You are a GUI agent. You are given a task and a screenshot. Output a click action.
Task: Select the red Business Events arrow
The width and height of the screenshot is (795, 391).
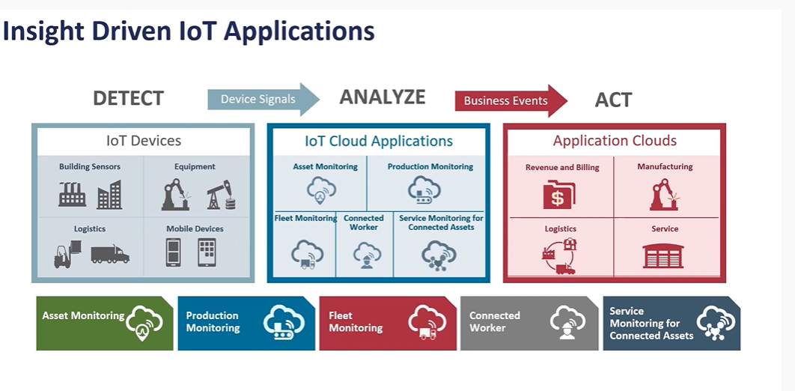tap(511, 100)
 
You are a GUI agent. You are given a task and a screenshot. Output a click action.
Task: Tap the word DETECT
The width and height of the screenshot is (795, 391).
tap(128, 98)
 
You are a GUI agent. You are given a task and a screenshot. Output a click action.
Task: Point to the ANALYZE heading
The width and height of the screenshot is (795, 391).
tap(383, 97)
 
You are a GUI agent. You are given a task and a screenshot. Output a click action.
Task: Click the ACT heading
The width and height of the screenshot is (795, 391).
tap(613, 100)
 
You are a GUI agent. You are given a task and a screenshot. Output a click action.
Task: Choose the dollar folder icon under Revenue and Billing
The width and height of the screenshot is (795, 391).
tap(559, 194)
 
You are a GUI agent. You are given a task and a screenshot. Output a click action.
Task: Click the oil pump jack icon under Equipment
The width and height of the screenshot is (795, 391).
tap(222, 195)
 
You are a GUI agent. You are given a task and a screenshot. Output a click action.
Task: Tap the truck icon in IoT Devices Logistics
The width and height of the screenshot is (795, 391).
tap(110, 254)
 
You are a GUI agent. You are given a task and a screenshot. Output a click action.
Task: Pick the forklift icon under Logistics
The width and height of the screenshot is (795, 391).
tap(67, 254)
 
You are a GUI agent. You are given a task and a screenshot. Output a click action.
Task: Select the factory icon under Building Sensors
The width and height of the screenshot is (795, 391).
tap(72, 194)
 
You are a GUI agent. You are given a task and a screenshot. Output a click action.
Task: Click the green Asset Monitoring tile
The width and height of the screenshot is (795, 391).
tap(105, 323)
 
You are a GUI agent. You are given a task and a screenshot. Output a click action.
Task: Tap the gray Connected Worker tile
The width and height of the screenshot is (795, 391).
tap(529, 323)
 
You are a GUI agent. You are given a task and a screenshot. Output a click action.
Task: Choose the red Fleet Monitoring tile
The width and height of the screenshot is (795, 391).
tap(388, 323)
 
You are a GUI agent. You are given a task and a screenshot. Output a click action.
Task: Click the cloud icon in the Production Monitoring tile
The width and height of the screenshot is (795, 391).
tap(284, 322)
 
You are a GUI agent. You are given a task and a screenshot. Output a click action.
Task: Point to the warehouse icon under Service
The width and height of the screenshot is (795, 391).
tap(662, 255)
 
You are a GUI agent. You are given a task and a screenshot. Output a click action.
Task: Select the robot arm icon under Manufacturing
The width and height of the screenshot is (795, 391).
tap(665, 195)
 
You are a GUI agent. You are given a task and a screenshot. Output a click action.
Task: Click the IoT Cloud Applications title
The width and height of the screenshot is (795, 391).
tap(379, 141)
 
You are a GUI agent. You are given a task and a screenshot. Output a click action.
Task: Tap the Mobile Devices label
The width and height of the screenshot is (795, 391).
tap(195, 228)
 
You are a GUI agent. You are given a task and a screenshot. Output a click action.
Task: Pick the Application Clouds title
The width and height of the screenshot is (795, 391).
tap(615, 141)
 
